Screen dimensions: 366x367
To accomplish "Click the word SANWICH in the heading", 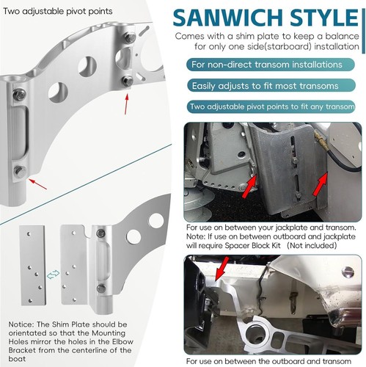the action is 228,18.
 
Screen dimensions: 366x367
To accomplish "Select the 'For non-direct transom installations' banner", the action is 271,65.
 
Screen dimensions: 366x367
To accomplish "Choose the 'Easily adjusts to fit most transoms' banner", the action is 271,86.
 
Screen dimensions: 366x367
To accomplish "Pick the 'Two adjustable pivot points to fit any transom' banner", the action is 271,106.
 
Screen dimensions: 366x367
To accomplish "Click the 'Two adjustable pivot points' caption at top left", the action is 58,11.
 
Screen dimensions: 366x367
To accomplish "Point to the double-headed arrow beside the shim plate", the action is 53,274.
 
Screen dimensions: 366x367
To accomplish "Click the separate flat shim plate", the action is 33,266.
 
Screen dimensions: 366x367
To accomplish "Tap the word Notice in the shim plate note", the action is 21,324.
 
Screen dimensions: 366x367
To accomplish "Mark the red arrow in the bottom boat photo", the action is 222,269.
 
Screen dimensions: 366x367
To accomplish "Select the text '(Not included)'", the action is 312,245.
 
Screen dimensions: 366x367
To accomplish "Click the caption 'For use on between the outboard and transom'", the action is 268,361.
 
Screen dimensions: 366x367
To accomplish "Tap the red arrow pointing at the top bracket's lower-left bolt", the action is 37,184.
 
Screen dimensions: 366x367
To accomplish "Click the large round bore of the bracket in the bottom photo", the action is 255,334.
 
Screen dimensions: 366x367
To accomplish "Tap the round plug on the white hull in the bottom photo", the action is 348,271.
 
